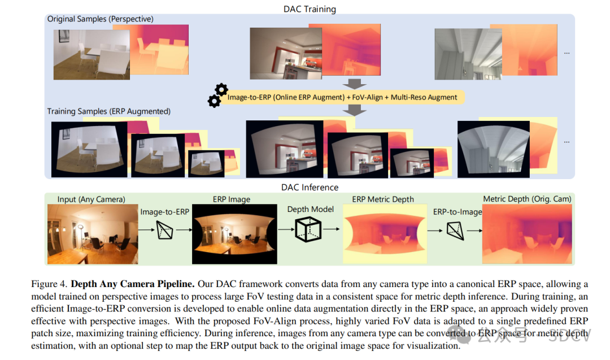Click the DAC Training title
coord(310,9)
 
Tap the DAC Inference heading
coord(310,187)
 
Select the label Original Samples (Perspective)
coord(101,19)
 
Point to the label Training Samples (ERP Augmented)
coord(109,111)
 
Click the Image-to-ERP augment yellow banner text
coord(342,97)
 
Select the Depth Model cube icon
coord(308,229)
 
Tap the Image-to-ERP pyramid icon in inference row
coord(164,230)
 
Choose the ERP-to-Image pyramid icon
coord(455,231)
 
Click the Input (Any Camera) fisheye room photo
coord(93,234)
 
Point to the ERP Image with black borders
coord(234,234)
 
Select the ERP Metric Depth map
coord(385,234)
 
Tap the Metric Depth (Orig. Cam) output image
coord(527,234)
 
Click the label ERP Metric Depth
coord(383,199)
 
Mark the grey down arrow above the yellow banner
coord(354,84)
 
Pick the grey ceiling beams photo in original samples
coord(468,54)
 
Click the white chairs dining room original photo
coord(92,54)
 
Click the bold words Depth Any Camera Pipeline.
coord(133,284)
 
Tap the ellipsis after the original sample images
coord(567,53)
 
